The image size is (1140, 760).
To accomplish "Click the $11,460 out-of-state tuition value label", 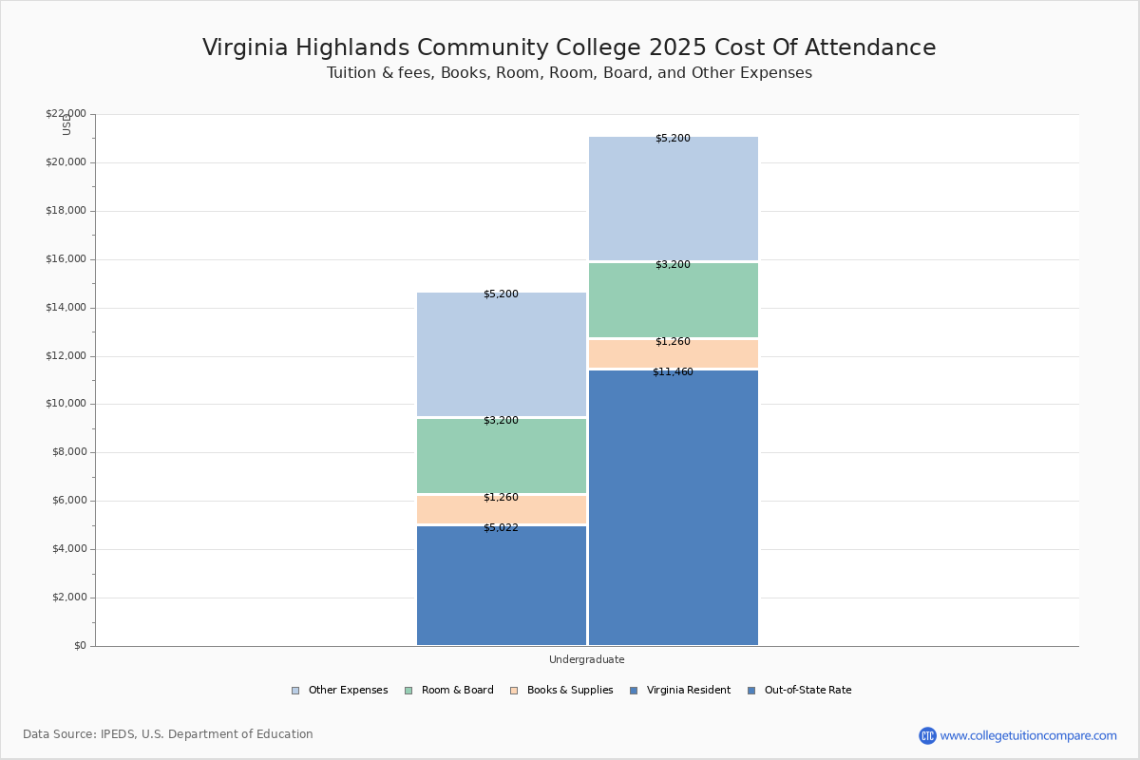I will (x=673, y=372).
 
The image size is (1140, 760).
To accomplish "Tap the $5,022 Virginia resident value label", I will (x=501, y=528).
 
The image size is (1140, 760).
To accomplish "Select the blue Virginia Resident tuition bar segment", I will (x=502, y=589).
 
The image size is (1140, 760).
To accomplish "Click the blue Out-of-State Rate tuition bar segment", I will (x=673, y=513).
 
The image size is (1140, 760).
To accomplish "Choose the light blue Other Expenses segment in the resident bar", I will (x=502, y=356).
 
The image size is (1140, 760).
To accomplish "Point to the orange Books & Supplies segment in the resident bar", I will (x=502, y=510).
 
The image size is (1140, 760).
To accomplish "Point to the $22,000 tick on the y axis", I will (x=66, y=114).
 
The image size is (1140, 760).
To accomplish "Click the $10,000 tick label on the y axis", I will (x=66, y=404).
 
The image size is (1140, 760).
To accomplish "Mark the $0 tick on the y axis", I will (x=79, y=646).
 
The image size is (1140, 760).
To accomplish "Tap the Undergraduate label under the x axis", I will (x=586, y=659).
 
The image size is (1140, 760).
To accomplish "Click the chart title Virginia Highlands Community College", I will (x=569, y=48).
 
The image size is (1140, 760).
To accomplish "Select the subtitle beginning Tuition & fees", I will (x=569, y=73).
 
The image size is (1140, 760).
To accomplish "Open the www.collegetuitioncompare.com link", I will (x=1028, y=735).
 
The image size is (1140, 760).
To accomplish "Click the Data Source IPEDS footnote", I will (x=168, y=734).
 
